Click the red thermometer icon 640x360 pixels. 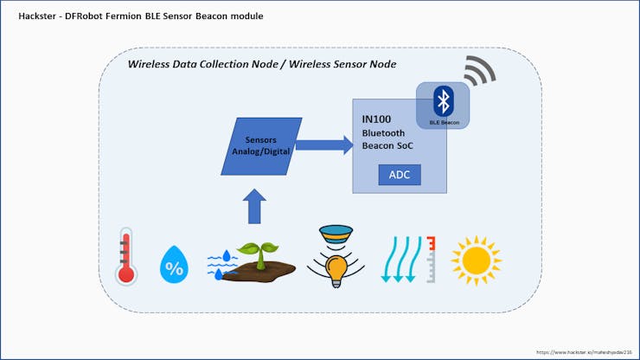pyautogui.click(x=126, y=256)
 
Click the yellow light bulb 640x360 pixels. pyautogui.click(x=336, y=269)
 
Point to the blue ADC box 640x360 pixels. pyautogui.click(x=400, y=175)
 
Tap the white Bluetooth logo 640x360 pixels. pyautogui.click(x=444, y=102)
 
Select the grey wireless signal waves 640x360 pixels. pyautogui.click(x=478, y=73)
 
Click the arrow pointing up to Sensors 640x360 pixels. pyautogui.click(x=254, y=207)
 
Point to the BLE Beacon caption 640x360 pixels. pyautogui.click(x=445, y=122)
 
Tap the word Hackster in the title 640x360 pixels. pyautogui.click(x=35, y=16)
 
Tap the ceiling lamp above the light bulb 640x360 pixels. pyautogui.click(x=335, y=234)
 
